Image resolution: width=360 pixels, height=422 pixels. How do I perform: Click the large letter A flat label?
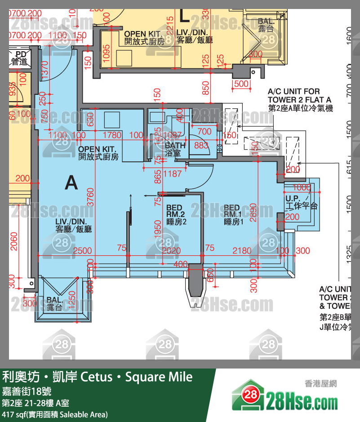click(x=71, y=182)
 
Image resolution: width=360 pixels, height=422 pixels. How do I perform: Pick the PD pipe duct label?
click(x=18, y=58)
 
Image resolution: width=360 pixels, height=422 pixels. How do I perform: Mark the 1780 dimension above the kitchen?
click(x=112, y=135)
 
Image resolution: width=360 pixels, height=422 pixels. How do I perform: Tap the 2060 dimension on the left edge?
click(x=13, y=242)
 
